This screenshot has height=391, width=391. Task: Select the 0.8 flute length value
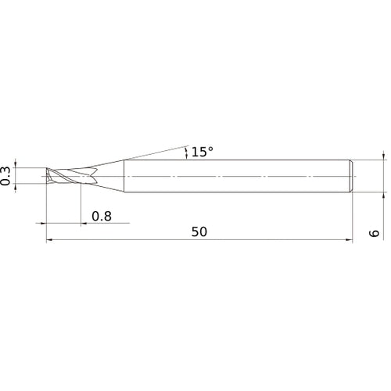(102, 215)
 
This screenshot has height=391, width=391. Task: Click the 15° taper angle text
(201, 152)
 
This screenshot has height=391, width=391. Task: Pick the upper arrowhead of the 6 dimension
(383, 156)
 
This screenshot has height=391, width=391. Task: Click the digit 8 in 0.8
(107, 215)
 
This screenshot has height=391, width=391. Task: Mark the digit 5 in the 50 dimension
(195, 233)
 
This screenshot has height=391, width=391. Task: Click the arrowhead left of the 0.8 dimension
(82, 223)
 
